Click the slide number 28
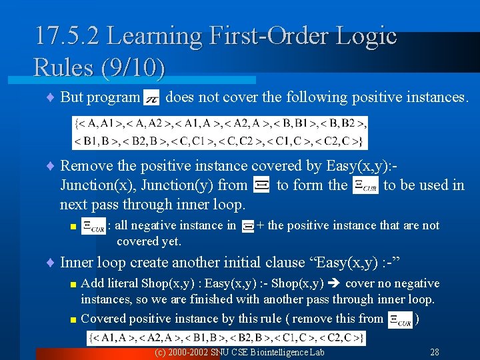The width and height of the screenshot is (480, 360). click(434, 351)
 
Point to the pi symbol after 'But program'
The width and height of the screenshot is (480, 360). click(151, 97)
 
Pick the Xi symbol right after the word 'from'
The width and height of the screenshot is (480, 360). click(261, 185)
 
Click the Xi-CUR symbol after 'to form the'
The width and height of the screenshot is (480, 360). click(365, 185)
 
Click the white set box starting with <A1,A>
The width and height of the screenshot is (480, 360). click(226, 338)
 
